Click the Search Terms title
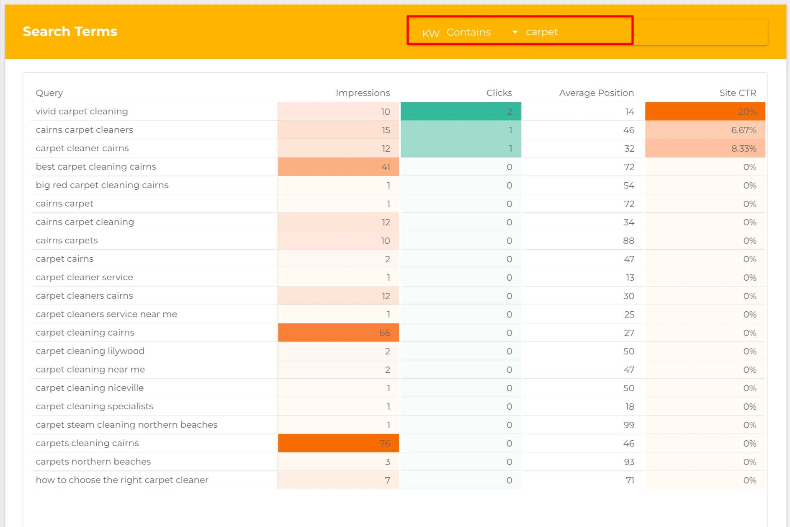[x=70, y=31]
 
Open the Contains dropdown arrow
[x=515, y=32]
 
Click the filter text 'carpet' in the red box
[x=542, y=32]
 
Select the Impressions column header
[x=363, y=93]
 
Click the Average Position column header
[x=596, y=93]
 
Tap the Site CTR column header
[x=737, y=93]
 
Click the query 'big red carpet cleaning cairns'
[x=102, y=185]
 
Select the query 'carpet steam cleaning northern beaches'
[x=126, y=425]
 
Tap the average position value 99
[x=628, y=425]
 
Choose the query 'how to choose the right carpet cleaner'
[x=122, y=480]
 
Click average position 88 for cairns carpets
[x=628, y=241]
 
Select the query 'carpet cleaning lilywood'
[x=90, y=351]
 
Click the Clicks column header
[x=499, y=93]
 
